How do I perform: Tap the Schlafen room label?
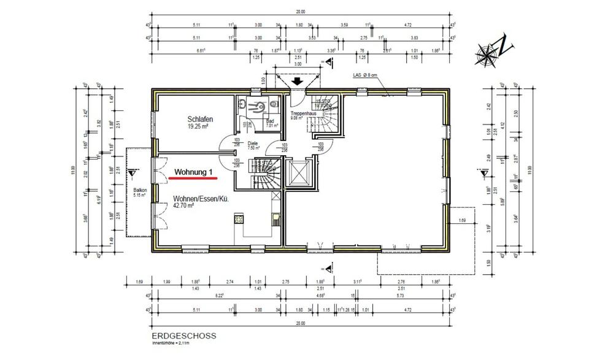coord(200,119)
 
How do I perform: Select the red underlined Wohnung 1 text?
coord(193,172)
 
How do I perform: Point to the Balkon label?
coord(140,191)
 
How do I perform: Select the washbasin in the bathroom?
coord(245,104)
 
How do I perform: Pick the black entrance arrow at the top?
coord(298,80)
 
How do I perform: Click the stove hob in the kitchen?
coord(238,218)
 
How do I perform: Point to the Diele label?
coord(253,143)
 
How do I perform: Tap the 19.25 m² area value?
coord(199,128)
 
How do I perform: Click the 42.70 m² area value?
coord(183,207)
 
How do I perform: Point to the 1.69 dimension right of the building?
coord(462,219)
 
